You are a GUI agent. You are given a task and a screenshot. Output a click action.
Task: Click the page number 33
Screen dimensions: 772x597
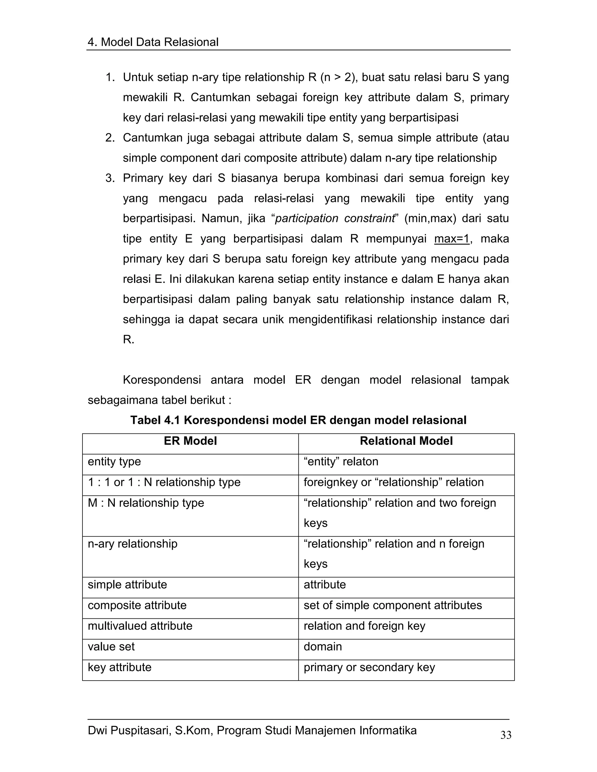click(x=506, y=735)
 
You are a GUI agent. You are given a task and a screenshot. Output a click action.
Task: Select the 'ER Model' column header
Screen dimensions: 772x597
click(x=190, y=441)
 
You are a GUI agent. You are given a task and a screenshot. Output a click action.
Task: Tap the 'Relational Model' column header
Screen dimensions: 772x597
click(x=406, y=441)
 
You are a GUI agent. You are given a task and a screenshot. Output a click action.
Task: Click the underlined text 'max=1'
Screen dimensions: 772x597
click(x=452, y=239)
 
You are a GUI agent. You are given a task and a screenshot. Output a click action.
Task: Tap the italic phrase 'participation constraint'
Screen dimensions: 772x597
click(x=335, y=218)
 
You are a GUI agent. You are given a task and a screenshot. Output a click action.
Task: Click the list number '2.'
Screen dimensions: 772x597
click(x=110, y=138)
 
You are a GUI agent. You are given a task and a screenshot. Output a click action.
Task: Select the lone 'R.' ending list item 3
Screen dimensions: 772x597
click(x=128, y=340)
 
